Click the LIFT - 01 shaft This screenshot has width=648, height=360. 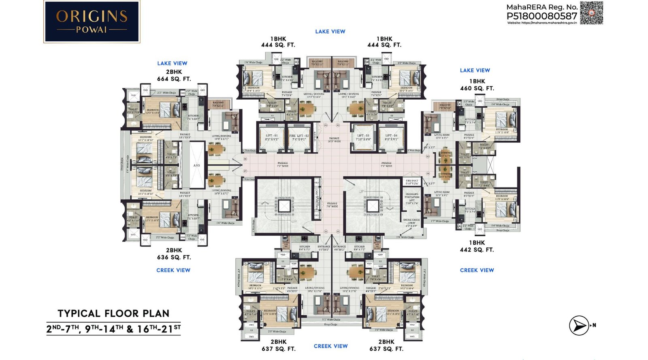(x=272, y=138)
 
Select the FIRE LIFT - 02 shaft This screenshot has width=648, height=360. (x=299, y=138)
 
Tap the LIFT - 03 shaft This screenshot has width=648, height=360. (x=363, y=138)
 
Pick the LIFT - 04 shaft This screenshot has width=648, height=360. (x=391, y=138)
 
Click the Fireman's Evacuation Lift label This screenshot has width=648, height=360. (x=412, y=198)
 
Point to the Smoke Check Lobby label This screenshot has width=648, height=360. (x=411, y=222)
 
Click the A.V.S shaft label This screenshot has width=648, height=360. (x=196, y=165)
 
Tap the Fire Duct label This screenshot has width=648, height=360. (x=412, y=182)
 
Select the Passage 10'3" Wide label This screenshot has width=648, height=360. (x=334, y=140)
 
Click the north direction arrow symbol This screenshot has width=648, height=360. (x=579, y=325)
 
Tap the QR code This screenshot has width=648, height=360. (x=591, y=13)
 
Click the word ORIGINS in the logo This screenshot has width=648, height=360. (x=92, y=17)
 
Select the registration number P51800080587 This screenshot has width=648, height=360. (x=541, y=16)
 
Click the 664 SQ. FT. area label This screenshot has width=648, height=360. (x=174, y=79)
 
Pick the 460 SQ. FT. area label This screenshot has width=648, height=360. (x=477, y=88)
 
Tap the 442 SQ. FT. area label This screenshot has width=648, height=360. (x=477, y=250)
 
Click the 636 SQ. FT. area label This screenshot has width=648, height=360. (x=174, y=257)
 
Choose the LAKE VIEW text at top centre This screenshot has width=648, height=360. (x=330, y=32)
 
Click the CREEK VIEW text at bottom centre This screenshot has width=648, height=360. (x=330, y=346)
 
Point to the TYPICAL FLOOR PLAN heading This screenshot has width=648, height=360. (x=113, y=313)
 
